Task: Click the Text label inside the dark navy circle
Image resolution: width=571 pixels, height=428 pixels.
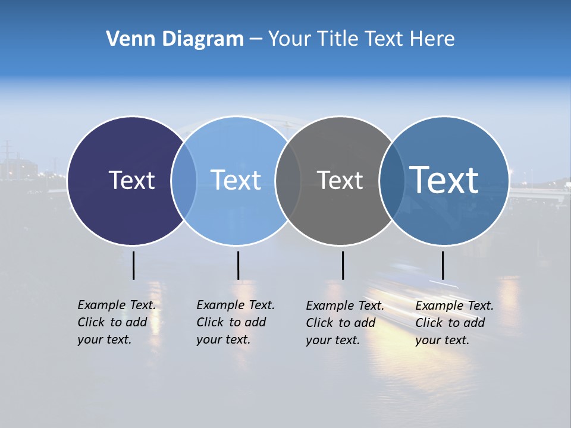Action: pos(131,180)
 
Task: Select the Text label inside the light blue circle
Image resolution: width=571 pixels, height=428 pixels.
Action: pos(236,180)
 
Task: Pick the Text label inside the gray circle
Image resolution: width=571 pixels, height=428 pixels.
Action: pos(340,180)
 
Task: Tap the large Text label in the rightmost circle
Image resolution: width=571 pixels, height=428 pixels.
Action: pos(444,180)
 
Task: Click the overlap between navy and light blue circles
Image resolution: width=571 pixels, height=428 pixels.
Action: pos(184,181)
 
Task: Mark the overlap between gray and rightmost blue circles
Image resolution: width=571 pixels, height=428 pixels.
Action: pos(390,181)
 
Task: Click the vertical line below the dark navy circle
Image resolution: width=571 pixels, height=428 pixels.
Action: pos(133,265)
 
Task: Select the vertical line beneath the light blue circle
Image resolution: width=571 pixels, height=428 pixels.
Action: pos(238,265)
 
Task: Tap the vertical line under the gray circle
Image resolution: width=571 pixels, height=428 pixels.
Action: pos(343,265)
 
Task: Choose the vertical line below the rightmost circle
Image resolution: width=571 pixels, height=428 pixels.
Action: pos(443,265)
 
